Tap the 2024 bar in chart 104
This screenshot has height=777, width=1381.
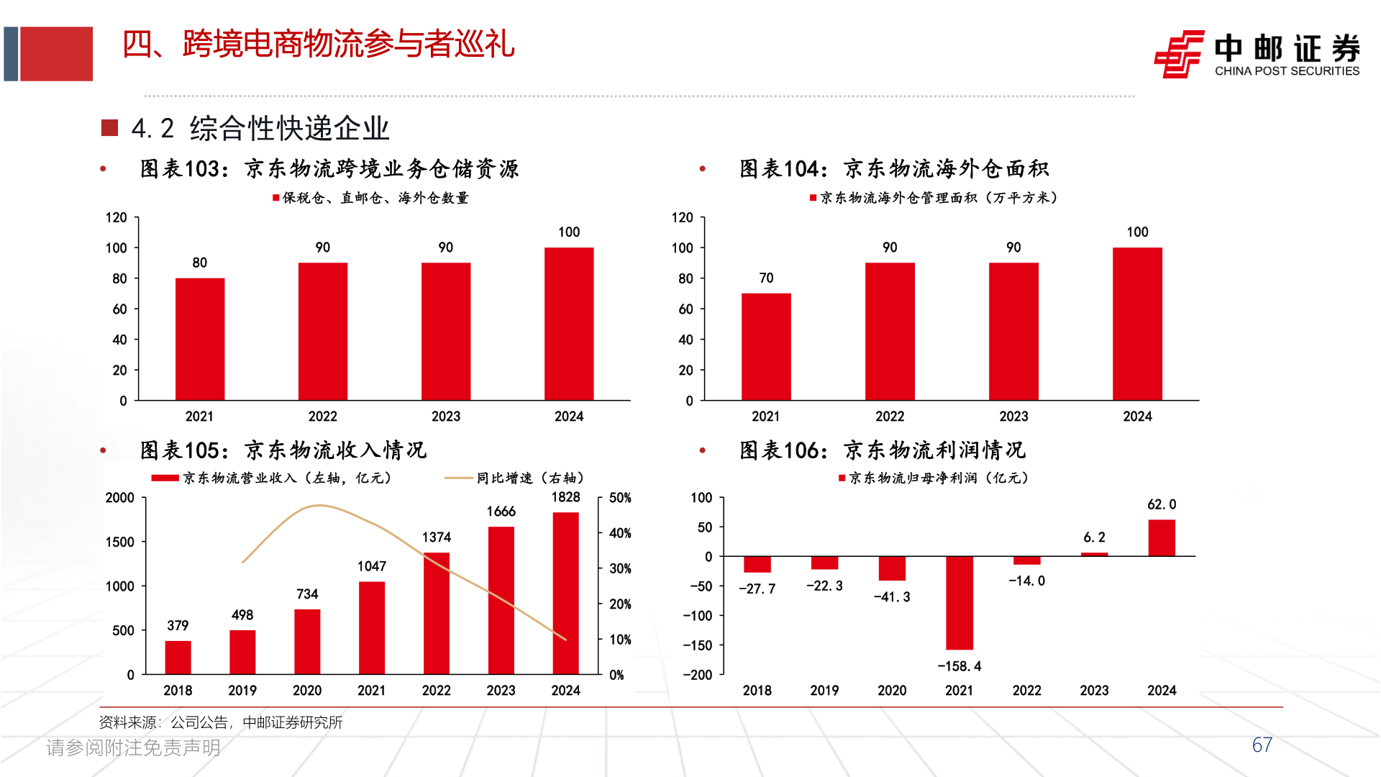click(x=1137, y=324)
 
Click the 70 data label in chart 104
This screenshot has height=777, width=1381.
click(x=766, y=278)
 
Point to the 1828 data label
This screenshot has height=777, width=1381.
click(x=565, y=497)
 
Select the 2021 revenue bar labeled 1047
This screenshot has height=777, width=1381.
click(x=371, y=627)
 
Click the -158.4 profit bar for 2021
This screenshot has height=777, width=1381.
click(x=959, y=603)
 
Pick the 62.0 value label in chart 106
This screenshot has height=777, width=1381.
click(x=1162, y=504)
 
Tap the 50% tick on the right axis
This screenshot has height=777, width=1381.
click(x=620, y=498)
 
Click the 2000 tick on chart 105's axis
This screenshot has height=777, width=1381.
click(x=119, y=498)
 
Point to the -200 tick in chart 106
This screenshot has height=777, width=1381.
click(x=697, y=675)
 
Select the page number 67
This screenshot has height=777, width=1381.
click(x=1262, y=745)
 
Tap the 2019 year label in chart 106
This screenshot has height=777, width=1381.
click(x=824, y=690)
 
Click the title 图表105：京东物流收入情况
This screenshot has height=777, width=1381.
click(x=283, y=450)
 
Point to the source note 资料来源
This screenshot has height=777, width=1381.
click(x=220, y=722)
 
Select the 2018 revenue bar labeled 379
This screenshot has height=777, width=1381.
click(x=178, y=657)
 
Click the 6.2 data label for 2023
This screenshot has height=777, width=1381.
click(x=1094, y=537)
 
